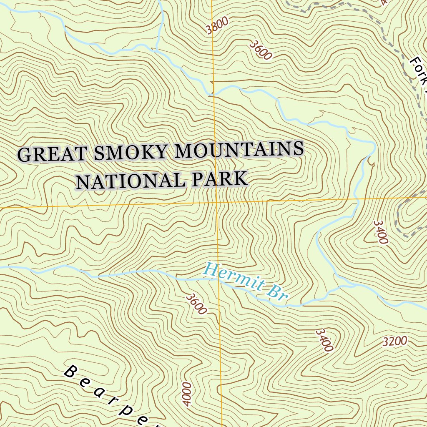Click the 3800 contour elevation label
coord(217,28)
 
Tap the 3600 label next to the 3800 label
coord(261,50)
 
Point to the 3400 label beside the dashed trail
coord(381,232)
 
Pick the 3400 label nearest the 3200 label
coord(324,340)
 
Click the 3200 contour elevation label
coord(394,342)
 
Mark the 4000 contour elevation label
coord(186,394)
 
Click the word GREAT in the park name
coord(52,154)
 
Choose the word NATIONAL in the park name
coord(129,181)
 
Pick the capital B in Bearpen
coord(72,371)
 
